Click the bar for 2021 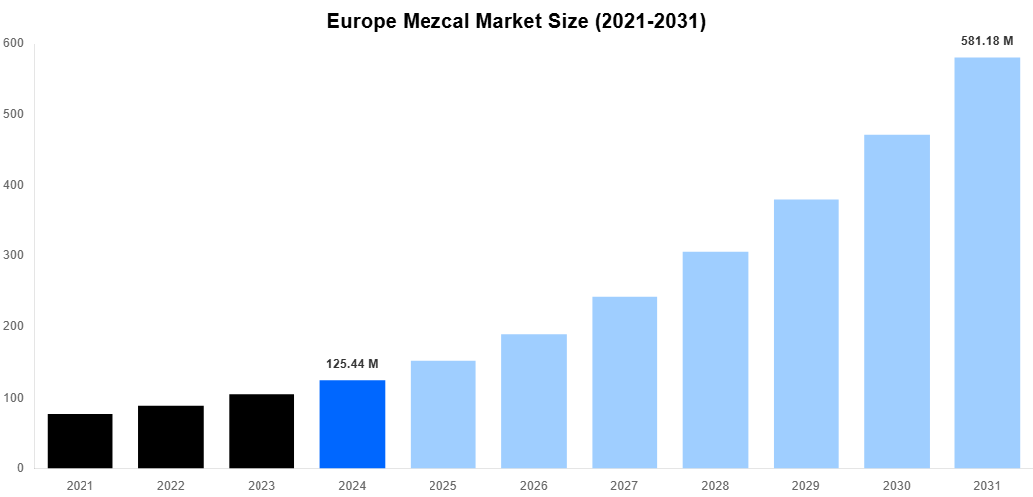click(80, 441)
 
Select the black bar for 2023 click(261, 431)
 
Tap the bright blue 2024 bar click(352, 424)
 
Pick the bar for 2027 click(624, 383)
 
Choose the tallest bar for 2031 click(987, 262)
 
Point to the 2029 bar click(806, 334)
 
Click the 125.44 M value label click(352, 364)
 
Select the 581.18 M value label click(987, 41)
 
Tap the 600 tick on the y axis click(13, 43)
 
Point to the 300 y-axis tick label click(13, 255)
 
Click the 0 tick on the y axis click(19, 468)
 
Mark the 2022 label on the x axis click(171, 485)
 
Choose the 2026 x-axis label click(534, 485)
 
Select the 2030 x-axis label click(897, 485)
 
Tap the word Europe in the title click(361, 21)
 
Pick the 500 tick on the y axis click(13, 114)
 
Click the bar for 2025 click(442, 414)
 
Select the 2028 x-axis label click(715, 485)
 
